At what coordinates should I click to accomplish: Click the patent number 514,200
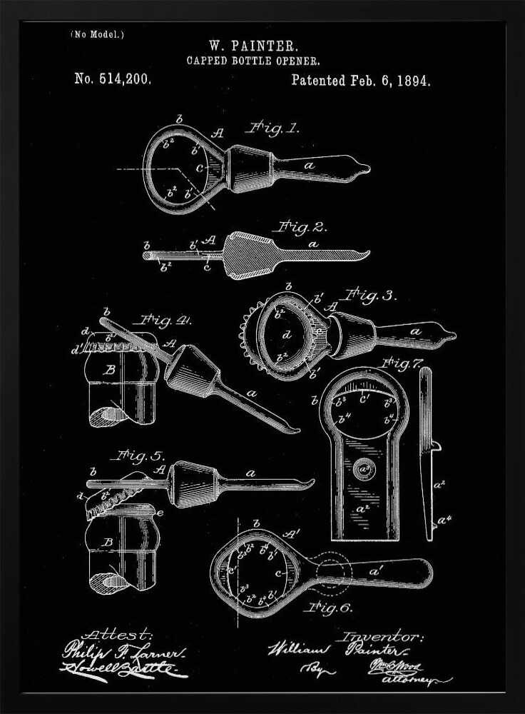click(113, 79)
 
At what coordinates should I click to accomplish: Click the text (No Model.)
click(97, 34)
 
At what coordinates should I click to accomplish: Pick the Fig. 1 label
click(272, 129)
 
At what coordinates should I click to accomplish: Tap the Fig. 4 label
click(166, 321)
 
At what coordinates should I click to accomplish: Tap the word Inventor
click(382, 636)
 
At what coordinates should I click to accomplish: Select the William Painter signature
click(335, 650)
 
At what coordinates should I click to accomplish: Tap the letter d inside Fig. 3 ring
click(286, 333)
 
